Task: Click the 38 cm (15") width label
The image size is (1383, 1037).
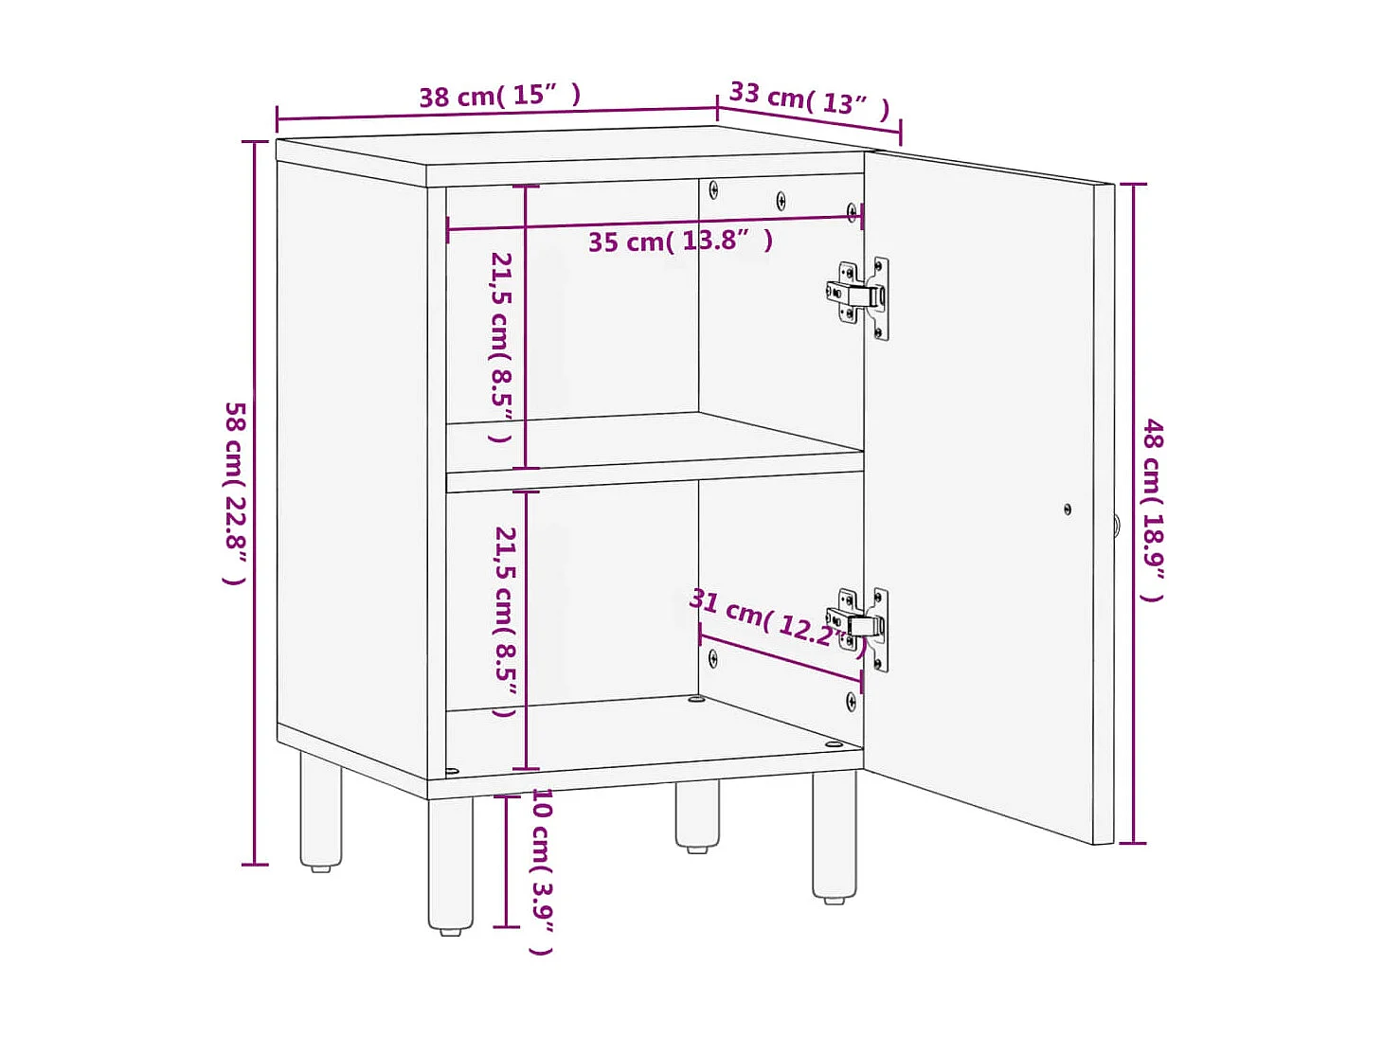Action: pos(499,96)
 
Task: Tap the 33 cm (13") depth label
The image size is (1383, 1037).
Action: pos(809,98)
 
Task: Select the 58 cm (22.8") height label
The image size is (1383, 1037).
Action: pos(235,492)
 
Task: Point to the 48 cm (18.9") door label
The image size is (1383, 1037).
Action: pos(1152,510)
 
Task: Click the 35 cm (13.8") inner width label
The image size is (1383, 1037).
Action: pos(680,241)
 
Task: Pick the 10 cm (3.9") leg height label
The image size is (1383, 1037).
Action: pos(542,871)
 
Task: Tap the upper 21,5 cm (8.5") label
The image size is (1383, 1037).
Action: pos(501,347)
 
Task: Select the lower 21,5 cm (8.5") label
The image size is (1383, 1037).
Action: pos(505,621)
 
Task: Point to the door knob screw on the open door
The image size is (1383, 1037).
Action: pos(1068,510)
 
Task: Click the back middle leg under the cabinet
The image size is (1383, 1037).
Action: pos(697,814)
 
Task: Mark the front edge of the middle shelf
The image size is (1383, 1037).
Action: pos(655,481)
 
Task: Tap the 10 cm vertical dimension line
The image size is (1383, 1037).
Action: pos(507,862)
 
